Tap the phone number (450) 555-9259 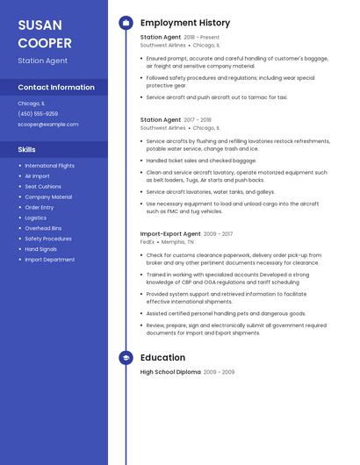pos(38,113)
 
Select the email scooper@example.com pos(48,125)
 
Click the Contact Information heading pos(56,88)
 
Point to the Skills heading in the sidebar pos(26,149)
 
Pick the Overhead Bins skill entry pos(43,228)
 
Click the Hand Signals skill pos(40,249)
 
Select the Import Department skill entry pos(50,260)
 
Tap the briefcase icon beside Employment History pos(126,23)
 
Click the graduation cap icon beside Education pos(126,358)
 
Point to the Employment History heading pos(185,23)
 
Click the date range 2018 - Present pos(202,38)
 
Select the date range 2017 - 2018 pos(198,120)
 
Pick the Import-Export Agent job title pos(170,234)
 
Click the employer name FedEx pos(148,242)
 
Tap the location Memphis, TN pos(178,242)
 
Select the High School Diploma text pos(169,372)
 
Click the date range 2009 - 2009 pos(219,372)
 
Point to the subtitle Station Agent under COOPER pos(42,61)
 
